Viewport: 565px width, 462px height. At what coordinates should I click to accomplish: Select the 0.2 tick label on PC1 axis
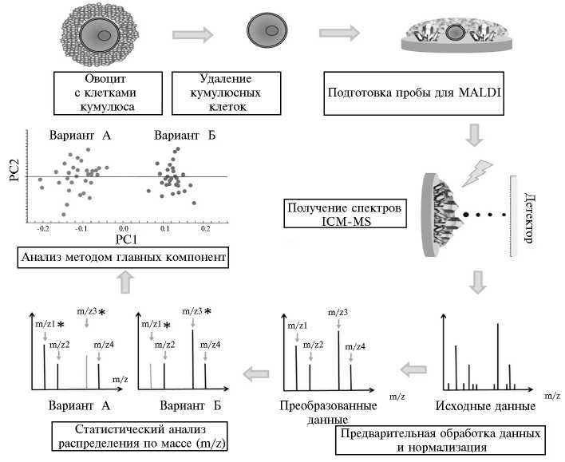(204, 227)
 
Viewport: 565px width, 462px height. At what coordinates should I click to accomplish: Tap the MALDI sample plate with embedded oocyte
(454, 40)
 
